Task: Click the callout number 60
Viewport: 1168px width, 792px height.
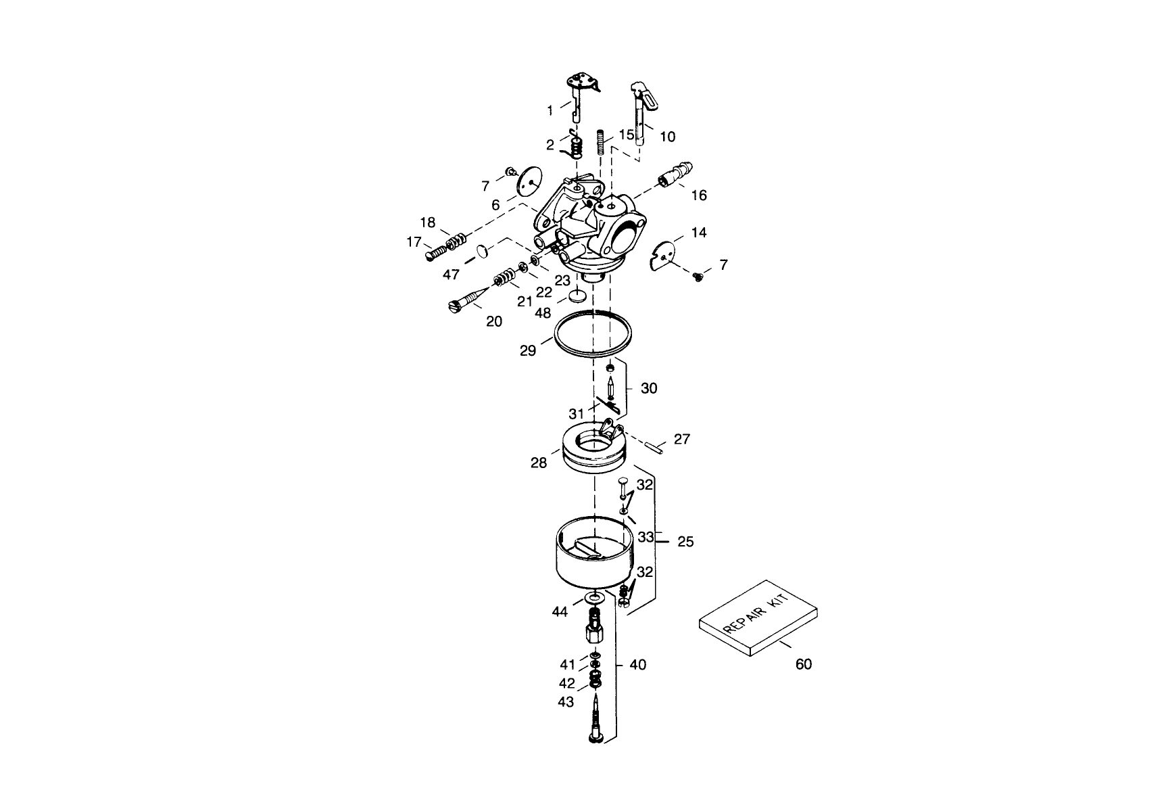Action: (x=803, y=664)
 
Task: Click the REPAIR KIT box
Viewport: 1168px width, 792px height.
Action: (x=758, y=617)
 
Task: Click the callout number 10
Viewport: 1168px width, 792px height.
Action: (x=667, y=137)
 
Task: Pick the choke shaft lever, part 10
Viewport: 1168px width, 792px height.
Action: (x=640, y=112)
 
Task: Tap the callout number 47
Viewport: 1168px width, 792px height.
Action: (x=452, y=274)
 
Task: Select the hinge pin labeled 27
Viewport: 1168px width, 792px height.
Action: (x=655, y=446)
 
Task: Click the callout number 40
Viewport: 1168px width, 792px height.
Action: (x=637, y=665)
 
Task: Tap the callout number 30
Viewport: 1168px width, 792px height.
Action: (x=649, y=388)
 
